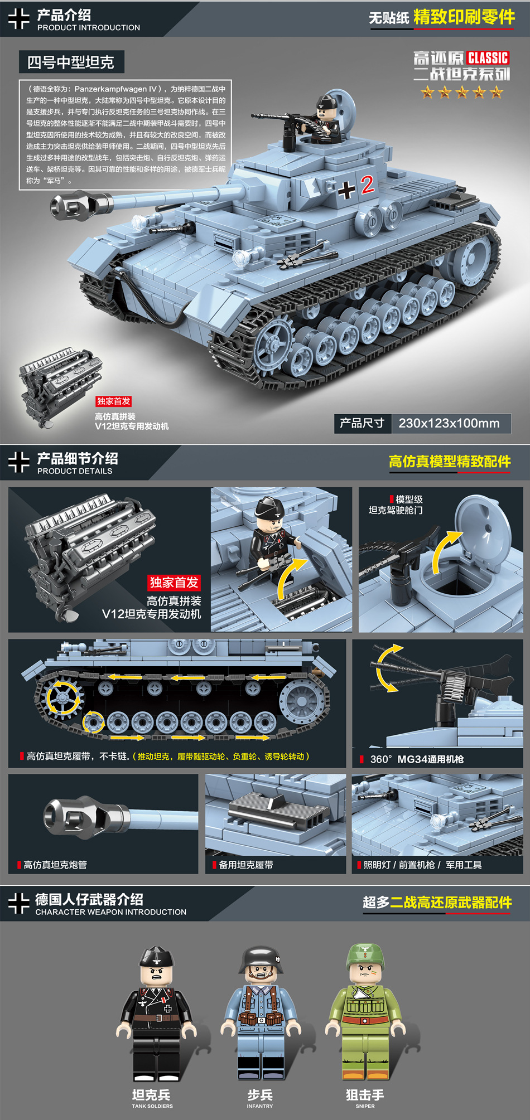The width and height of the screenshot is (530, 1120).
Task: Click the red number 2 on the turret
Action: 367,185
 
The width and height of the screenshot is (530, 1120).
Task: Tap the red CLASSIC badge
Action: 488,58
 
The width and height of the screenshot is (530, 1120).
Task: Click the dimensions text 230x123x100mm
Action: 449,423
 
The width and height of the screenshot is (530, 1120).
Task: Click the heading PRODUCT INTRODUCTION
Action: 89,27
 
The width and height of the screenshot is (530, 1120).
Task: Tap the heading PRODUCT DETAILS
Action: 75,471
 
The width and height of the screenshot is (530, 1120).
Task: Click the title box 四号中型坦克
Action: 71,62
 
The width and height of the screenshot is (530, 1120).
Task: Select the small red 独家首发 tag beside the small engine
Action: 113,401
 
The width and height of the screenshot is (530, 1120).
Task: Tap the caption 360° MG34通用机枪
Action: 417,759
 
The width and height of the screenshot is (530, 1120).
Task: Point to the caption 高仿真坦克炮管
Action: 55,865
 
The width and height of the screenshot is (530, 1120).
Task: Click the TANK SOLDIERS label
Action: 152,1106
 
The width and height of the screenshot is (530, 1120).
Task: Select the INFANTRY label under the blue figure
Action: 260,1106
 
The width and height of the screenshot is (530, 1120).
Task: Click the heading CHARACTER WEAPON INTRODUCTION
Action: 111,912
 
